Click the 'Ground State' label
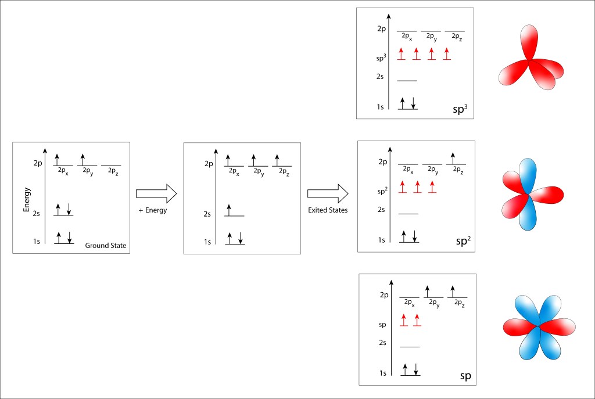106,246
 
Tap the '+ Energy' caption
153,210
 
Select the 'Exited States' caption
328,210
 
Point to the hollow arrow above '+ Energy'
155,193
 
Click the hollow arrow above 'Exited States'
328,193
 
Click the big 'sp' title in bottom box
465,376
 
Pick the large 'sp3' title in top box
460,109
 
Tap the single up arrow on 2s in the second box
229,209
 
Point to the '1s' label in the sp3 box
380,107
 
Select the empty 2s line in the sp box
409,347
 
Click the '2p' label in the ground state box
38,164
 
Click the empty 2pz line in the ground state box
111,166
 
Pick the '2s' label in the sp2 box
382,210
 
